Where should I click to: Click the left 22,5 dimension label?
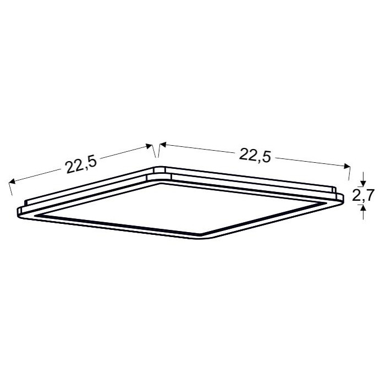[x=81, y=164]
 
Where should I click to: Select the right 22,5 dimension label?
[x=255, y=155]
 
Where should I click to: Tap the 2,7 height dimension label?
[x=363, y=195]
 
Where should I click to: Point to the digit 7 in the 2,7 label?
[x=369, y=195]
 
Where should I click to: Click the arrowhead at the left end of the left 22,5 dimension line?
[x=12, y=182]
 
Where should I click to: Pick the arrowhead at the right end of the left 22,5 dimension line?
[x=149, y=146]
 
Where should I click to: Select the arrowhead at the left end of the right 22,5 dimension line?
[x=163, y=145]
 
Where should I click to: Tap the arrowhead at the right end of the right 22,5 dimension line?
[x=346, y=166]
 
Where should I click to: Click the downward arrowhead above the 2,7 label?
[x=363, y=183]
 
